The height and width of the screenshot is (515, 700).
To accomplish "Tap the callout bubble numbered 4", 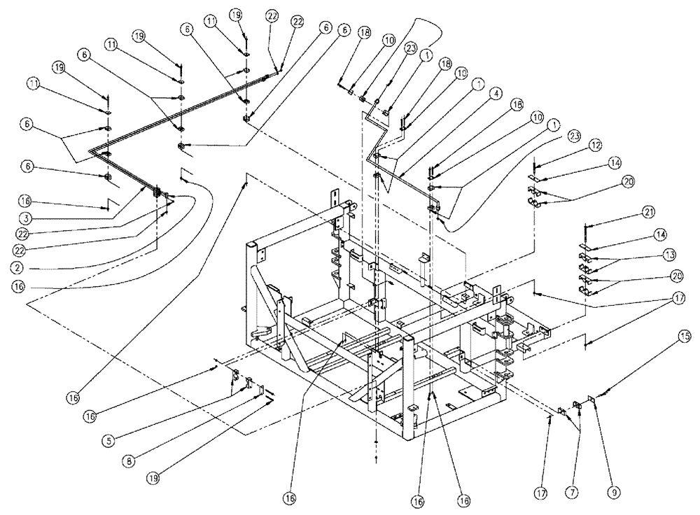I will tap(494, 92).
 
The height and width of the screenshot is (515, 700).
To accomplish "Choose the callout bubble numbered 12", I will tap(594, 146).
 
